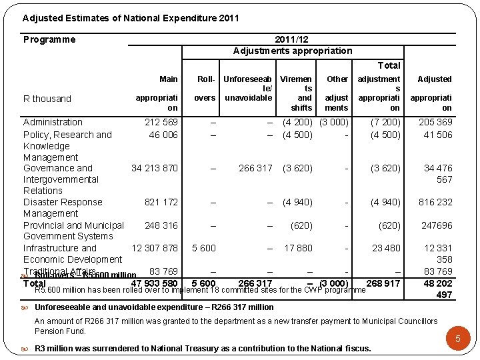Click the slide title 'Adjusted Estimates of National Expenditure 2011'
point(131,19)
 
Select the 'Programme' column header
point(49,39)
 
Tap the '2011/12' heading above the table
point(292,39)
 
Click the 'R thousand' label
point(47,99)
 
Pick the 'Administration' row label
point(53,122)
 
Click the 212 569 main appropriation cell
point(161,122)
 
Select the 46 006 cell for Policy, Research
point(163,135)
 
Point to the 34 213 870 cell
point(155,168)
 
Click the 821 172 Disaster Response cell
point(161,202)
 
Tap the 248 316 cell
point(161,225)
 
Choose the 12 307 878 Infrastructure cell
point(155,248)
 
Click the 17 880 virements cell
point(298,248)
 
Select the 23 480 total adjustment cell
point(386,248)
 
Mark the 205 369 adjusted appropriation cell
point(435,122)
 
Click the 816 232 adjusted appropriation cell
point(435,202)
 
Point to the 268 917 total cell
point(383,283)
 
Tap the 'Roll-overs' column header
point(205,88)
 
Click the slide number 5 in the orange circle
point(458,339)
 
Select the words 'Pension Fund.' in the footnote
point(60,331)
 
